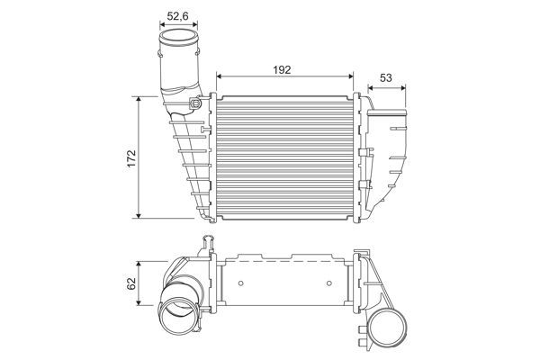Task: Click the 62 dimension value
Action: click(x=131, y=284)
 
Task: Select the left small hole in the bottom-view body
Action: click(x=243, y=285)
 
